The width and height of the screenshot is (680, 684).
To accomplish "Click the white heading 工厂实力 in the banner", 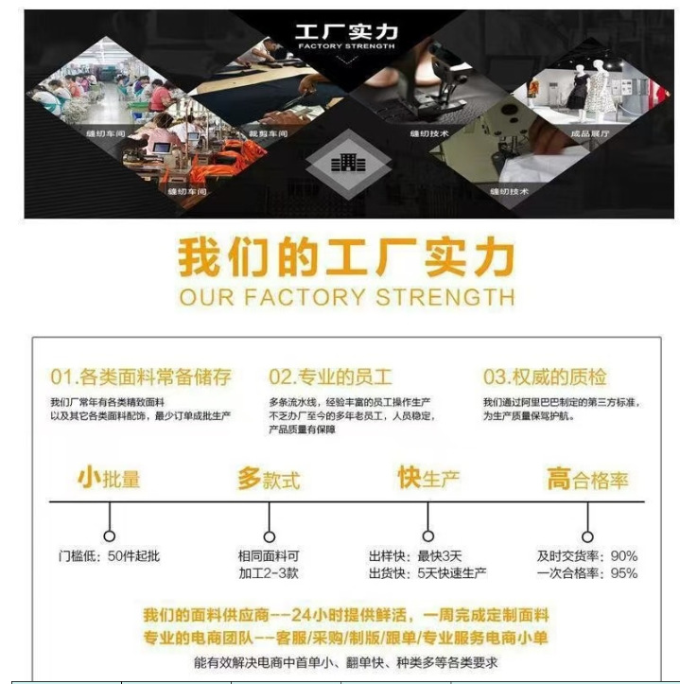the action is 346,31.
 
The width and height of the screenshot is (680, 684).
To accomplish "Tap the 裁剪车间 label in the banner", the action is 268,135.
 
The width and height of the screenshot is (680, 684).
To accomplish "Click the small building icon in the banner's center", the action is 347,162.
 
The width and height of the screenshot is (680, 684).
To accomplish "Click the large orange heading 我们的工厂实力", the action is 346,258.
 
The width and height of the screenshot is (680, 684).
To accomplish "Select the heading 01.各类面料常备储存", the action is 141,377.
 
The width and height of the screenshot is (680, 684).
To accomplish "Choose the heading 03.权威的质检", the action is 544,377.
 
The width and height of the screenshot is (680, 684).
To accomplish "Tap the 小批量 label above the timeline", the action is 109,479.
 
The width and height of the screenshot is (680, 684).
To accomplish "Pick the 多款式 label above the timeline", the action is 269,479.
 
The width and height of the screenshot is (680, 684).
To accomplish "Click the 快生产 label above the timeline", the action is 428,478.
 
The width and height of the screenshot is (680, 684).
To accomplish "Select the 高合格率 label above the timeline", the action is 587,479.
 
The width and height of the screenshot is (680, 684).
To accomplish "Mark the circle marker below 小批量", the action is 110,535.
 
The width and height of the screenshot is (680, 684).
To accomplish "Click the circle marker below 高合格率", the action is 587,535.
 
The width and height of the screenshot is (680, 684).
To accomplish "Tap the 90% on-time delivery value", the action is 624,556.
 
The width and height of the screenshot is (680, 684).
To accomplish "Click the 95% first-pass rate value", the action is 624,573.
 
